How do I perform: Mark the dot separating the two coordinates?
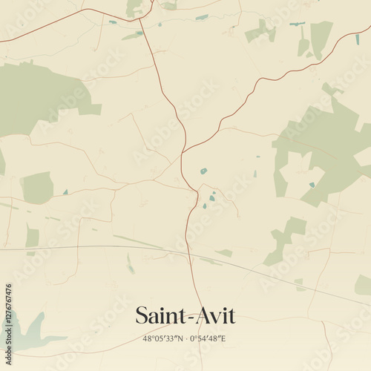point(185,338)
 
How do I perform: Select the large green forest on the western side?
point(37,96)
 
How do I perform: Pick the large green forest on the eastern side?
point(326,148)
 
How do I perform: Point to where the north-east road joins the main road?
point(183,152)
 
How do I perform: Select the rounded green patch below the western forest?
point(37,188)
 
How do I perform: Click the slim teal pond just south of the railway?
point(130,263)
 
